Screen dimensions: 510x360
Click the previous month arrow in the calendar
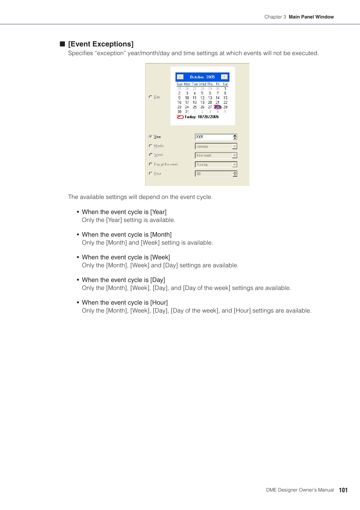point(180,77)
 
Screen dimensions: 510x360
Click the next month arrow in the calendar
point(225,77)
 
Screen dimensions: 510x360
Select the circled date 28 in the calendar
point(218,107)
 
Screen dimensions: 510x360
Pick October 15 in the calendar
point(225,98)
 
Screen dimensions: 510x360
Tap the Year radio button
point(151,137)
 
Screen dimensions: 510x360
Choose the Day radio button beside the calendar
point(151,97)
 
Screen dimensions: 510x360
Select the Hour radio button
point(151,173)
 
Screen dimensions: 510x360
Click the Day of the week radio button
point(151,164)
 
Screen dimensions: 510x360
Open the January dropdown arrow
point(234,146)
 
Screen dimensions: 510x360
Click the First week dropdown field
point(213,156)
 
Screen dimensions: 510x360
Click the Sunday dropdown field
point(213,165)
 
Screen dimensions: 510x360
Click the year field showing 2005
point(213,137)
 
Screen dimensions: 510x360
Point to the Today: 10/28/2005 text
point(202,117)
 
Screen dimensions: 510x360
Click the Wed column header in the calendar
point(203,84)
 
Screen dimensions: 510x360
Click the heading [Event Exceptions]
point(101,44)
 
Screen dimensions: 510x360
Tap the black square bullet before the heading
point(63,44)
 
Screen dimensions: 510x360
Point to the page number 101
point(343,490)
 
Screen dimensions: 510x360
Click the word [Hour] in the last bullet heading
point(159,303)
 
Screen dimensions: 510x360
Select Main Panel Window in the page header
point(311,17)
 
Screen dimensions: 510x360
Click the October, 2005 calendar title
point(202,77)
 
